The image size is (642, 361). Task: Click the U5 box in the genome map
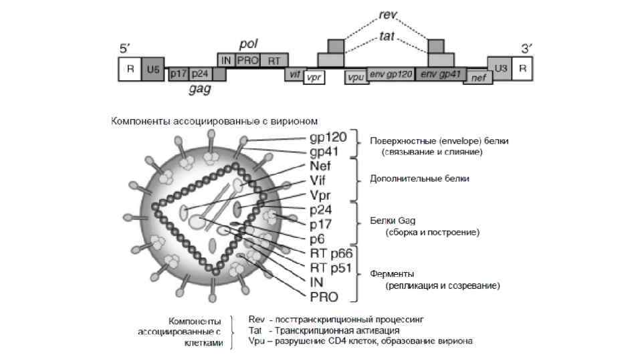coord(153,68)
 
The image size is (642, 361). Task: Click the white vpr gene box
coord(314,77)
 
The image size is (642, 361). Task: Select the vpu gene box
coord(355,77)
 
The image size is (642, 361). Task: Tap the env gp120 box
coord(390,74)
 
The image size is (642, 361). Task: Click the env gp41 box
coord(442,74)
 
